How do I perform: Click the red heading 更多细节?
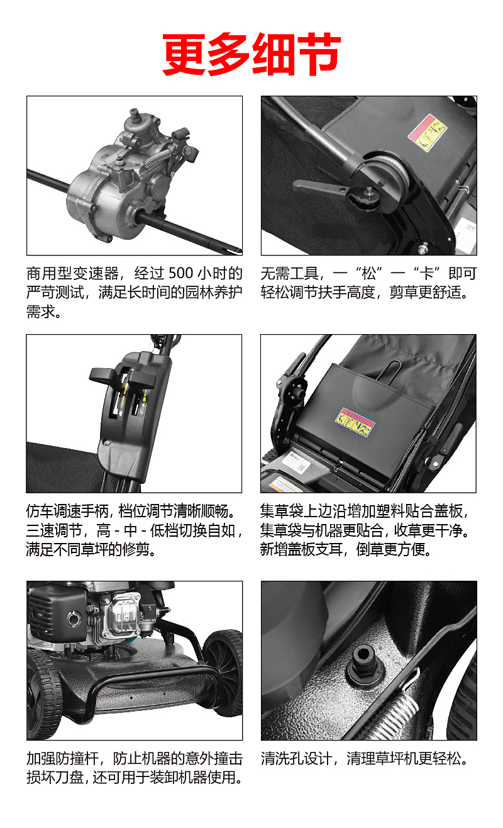[251, 54]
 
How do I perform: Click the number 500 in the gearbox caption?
[180, 273]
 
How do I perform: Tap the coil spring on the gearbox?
[156, 157]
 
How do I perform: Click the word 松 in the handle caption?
[368, 274]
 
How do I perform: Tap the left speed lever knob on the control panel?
[104, 376]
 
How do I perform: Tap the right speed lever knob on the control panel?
[143, 379]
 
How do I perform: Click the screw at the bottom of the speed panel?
[107, 442]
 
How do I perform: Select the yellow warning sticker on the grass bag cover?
[355, 422]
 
